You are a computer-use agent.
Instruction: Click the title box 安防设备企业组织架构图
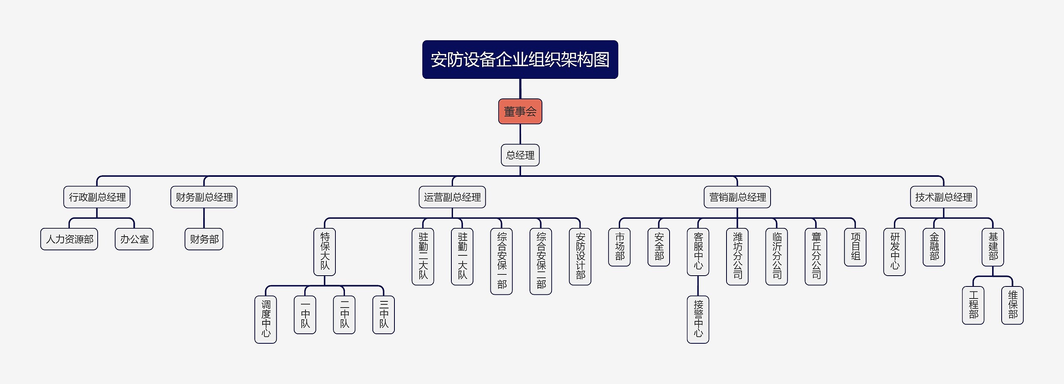(x=520, y=59)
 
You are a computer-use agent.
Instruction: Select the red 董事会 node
(x=520, y=111)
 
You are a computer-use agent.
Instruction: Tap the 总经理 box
(x=520, y=155)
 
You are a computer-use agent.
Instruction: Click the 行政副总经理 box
(x=97, y=197)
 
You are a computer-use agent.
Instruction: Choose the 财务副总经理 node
(x=204, y=197)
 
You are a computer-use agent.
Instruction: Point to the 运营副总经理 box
(x=452, y=197)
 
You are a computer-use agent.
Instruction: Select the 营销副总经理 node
(x=737, y=197)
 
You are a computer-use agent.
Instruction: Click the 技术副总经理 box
(x=943, y=197)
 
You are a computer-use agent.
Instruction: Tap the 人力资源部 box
(x=69, y=239)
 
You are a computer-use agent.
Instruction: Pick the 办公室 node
(x=134, y=239)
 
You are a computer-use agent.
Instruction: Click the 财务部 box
(x=204, y=239)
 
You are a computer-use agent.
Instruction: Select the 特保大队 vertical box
(x=325, y=252)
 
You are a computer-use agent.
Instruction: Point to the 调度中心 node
(x=266, y=319)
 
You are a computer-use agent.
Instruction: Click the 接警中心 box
(x=698, y=319)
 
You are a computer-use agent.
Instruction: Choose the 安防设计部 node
(x=580, y=257)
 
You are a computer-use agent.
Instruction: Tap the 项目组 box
(x=855, y=247)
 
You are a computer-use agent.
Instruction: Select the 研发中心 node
(x=894, y=252)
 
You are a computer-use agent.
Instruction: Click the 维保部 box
(x=1012, y=305)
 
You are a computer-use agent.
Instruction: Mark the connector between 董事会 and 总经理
(x=520, y=134)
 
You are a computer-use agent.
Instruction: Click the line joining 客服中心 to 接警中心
(x=698, y=286)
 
